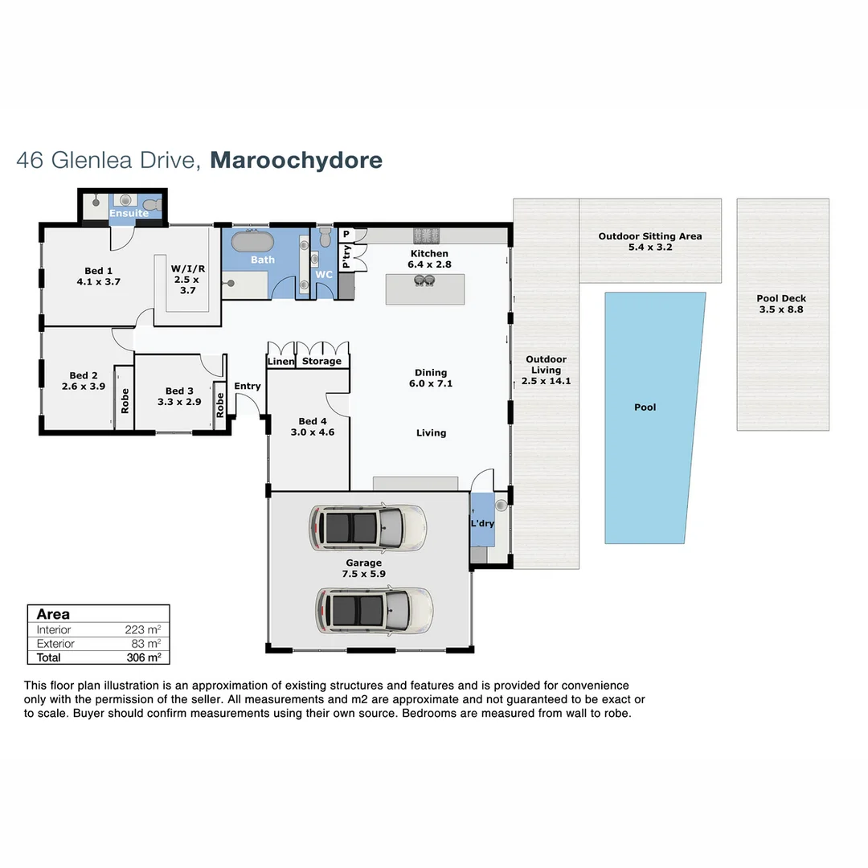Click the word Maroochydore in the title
296,160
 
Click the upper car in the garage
367,527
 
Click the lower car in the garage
374,610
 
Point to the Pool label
645,407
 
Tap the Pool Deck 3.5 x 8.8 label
780,304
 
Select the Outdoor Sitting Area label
649,236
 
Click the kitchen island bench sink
424,280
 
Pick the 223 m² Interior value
143,630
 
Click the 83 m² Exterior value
146,644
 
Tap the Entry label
248,387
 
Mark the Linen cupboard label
281,362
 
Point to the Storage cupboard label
321,362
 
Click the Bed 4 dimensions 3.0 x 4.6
313,432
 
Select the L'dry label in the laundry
482,524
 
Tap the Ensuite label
129,214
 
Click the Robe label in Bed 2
125,401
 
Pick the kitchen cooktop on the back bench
424,235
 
